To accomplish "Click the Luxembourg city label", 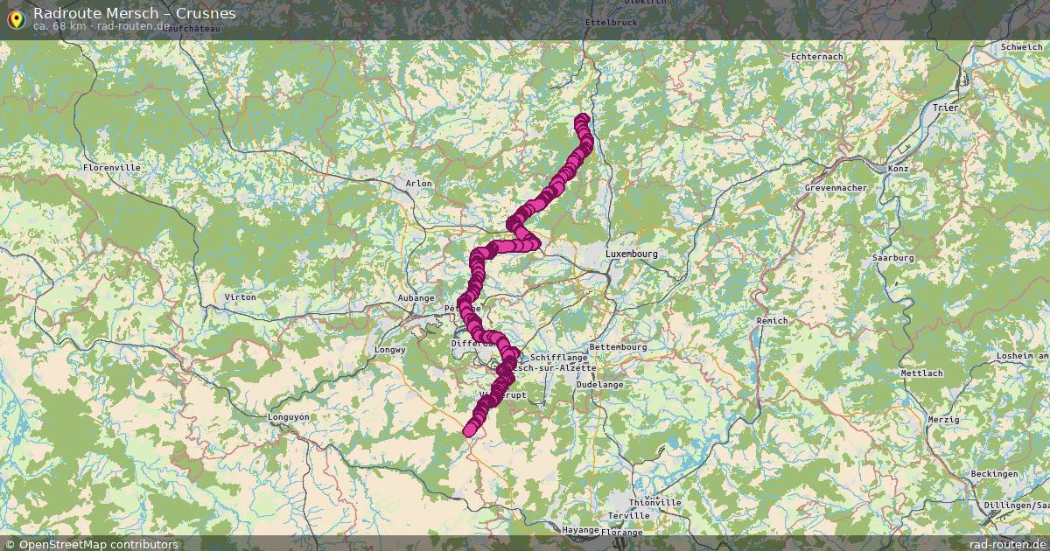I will [630, 254].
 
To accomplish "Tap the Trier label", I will [946, 108].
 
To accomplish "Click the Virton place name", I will [241, 297].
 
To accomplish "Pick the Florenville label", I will [111, 167].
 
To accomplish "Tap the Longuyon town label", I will [288, 417].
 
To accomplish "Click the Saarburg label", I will [892, 258].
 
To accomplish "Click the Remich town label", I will [772, 321].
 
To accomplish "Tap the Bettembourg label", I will [618, 347].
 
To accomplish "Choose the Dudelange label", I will [600, 384].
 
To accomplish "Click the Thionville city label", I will [655, 503].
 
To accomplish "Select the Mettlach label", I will [921, 373].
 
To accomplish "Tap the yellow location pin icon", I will [15, 17].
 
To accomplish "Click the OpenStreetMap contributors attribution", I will [91, 544].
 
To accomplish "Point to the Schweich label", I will [1021, 47].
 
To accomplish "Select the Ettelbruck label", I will [611, 21].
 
